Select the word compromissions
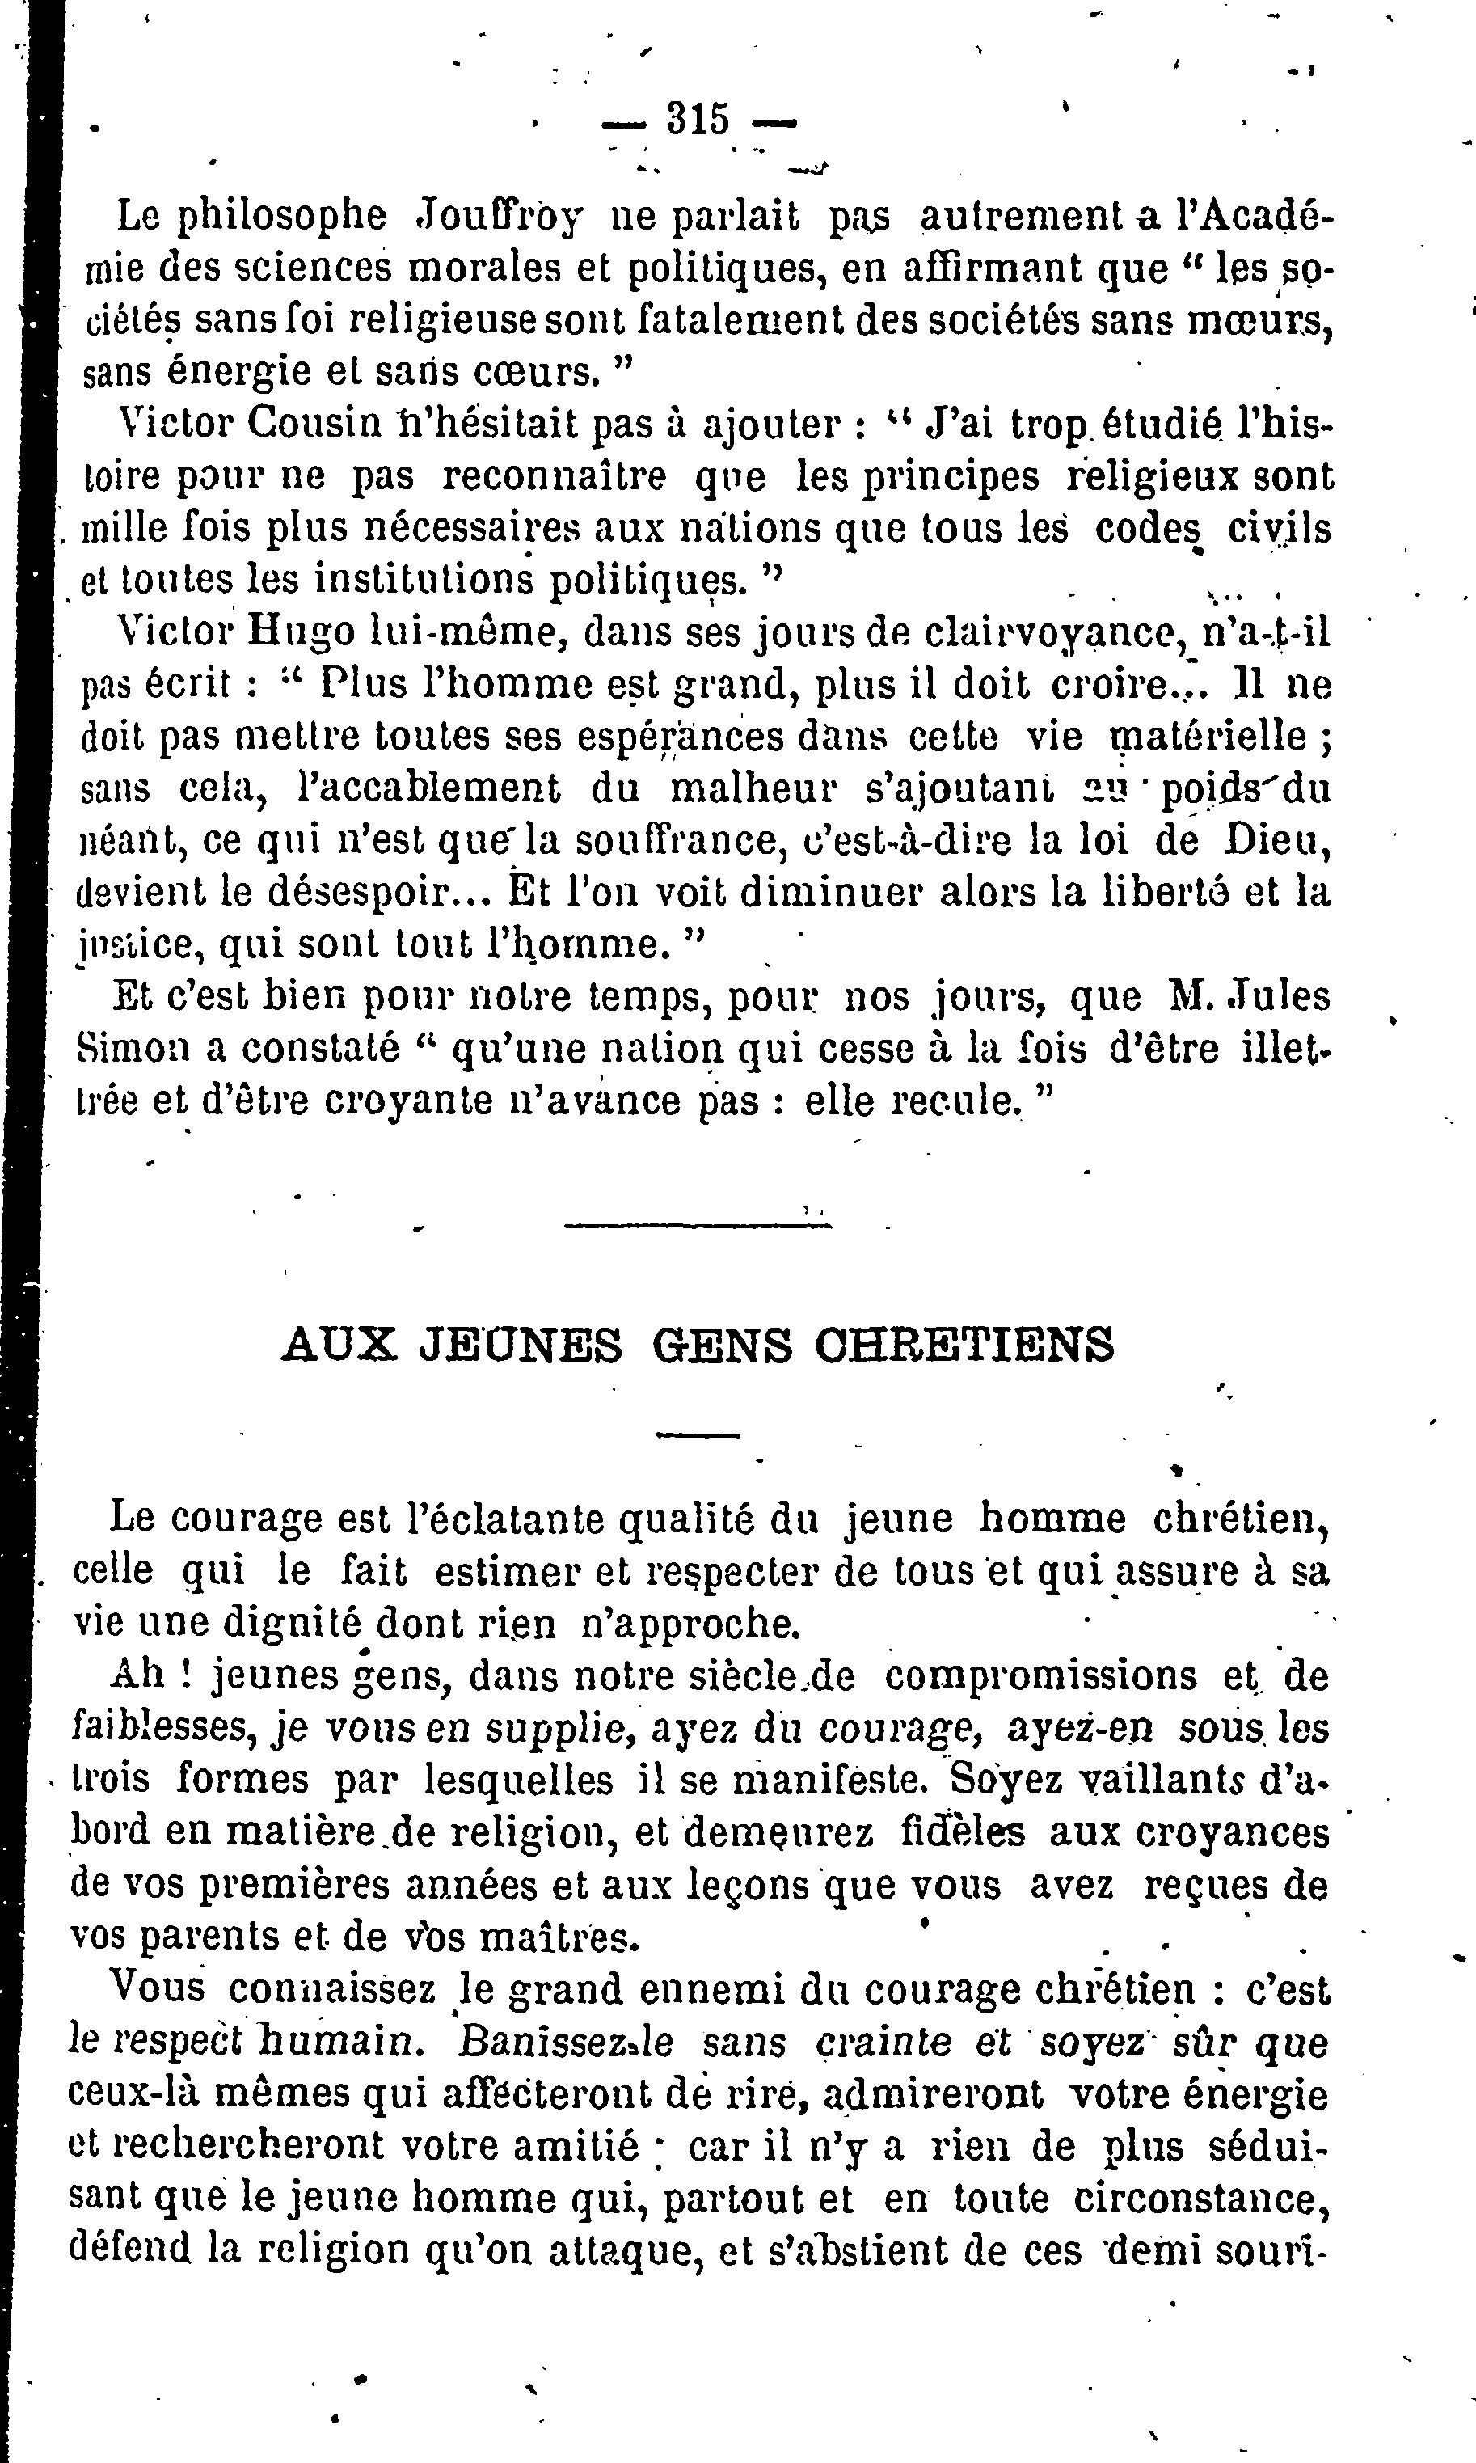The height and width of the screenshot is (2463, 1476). click(x=1041, y=1675)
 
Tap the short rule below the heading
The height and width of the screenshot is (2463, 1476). click(x=698, y=1434)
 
